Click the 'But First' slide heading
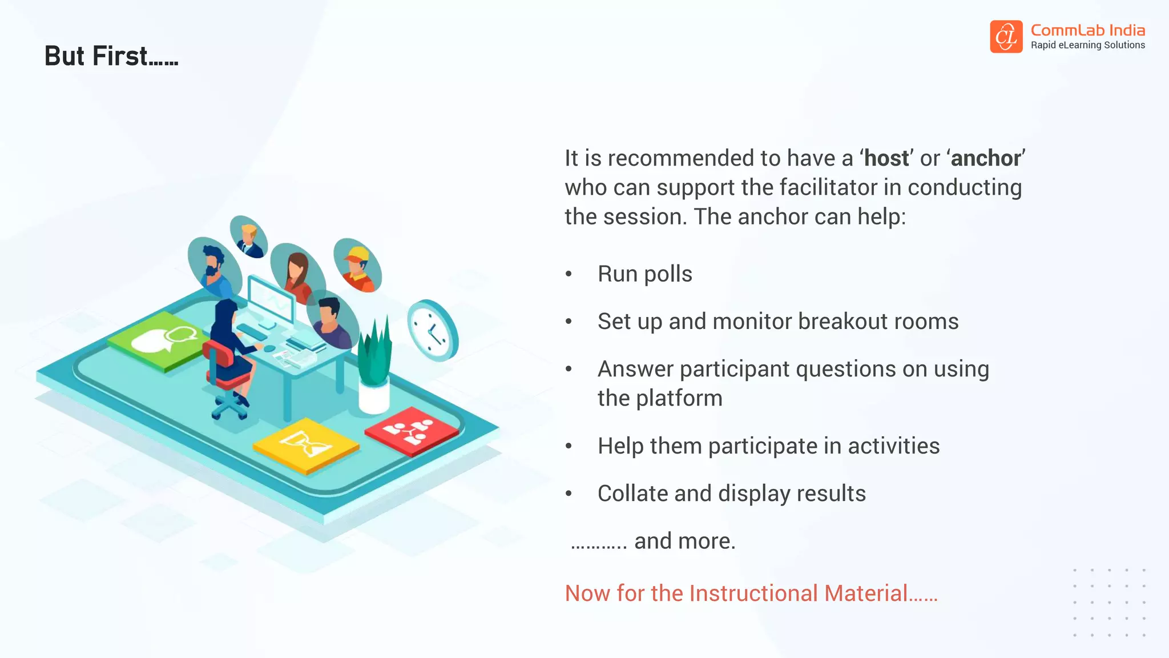tap(111, 57)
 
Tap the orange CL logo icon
tap(1006, 37)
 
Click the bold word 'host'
tap(886, 158)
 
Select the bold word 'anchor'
tap(986, 158)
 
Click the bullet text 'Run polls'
tap(644, 274)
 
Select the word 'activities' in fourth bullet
tap(893, 446)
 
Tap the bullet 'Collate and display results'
tap(731, 493)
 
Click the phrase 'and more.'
tap(684, 541)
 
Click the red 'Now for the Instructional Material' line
tap(751, 593)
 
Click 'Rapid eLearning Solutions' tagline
tap(1087, 46)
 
